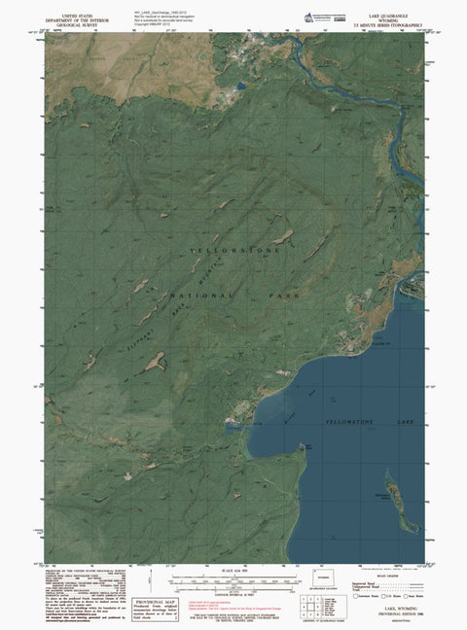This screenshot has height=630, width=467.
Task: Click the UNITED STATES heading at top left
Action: click(78, 17)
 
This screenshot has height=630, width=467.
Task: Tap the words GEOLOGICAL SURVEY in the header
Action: click(78, 26)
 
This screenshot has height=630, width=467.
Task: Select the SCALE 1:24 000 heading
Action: click(233, 570)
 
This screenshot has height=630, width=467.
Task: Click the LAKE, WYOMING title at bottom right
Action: click(386, 604)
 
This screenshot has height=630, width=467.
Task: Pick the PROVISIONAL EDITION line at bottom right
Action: click(386, 611)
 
